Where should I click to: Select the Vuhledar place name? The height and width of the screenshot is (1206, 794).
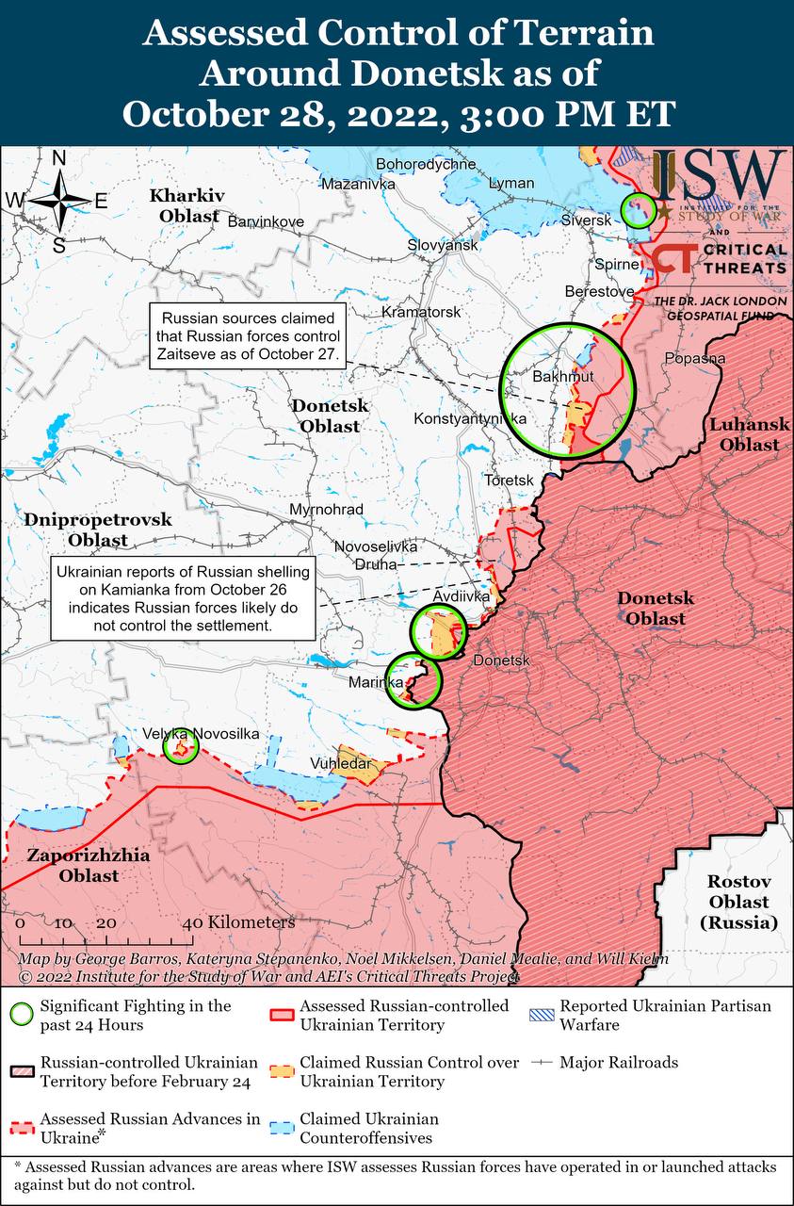[340, 763]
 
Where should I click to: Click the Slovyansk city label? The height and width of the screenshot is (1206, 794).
[443, 245]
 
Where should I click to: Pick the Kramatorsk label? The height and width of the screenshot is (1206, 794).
[421, 311]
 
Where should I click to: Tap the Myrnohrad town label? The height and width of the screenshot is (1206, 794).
[327, 509]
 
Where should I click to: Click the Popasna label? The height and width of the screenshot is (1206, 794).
[694, 358]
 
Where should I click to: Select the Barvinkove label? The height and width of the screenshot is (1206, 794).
[266, 221]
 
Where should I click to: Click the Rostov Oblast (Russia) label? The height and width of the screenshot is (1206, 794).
[739, 902]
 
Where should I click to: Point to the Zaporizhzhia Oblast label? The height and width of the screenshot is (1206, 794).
[73, 866]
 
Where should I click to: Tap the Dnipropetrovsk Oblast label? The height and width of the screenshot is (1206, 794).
[98, 530]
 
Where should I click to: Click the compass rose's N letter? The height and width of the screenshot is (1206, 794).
[58, 158]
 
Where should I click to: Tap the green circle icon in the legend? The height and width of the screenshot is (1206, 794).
[21, 1015]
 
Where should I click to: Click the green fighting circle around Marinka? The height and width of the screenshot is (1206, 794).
[414, 679]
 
